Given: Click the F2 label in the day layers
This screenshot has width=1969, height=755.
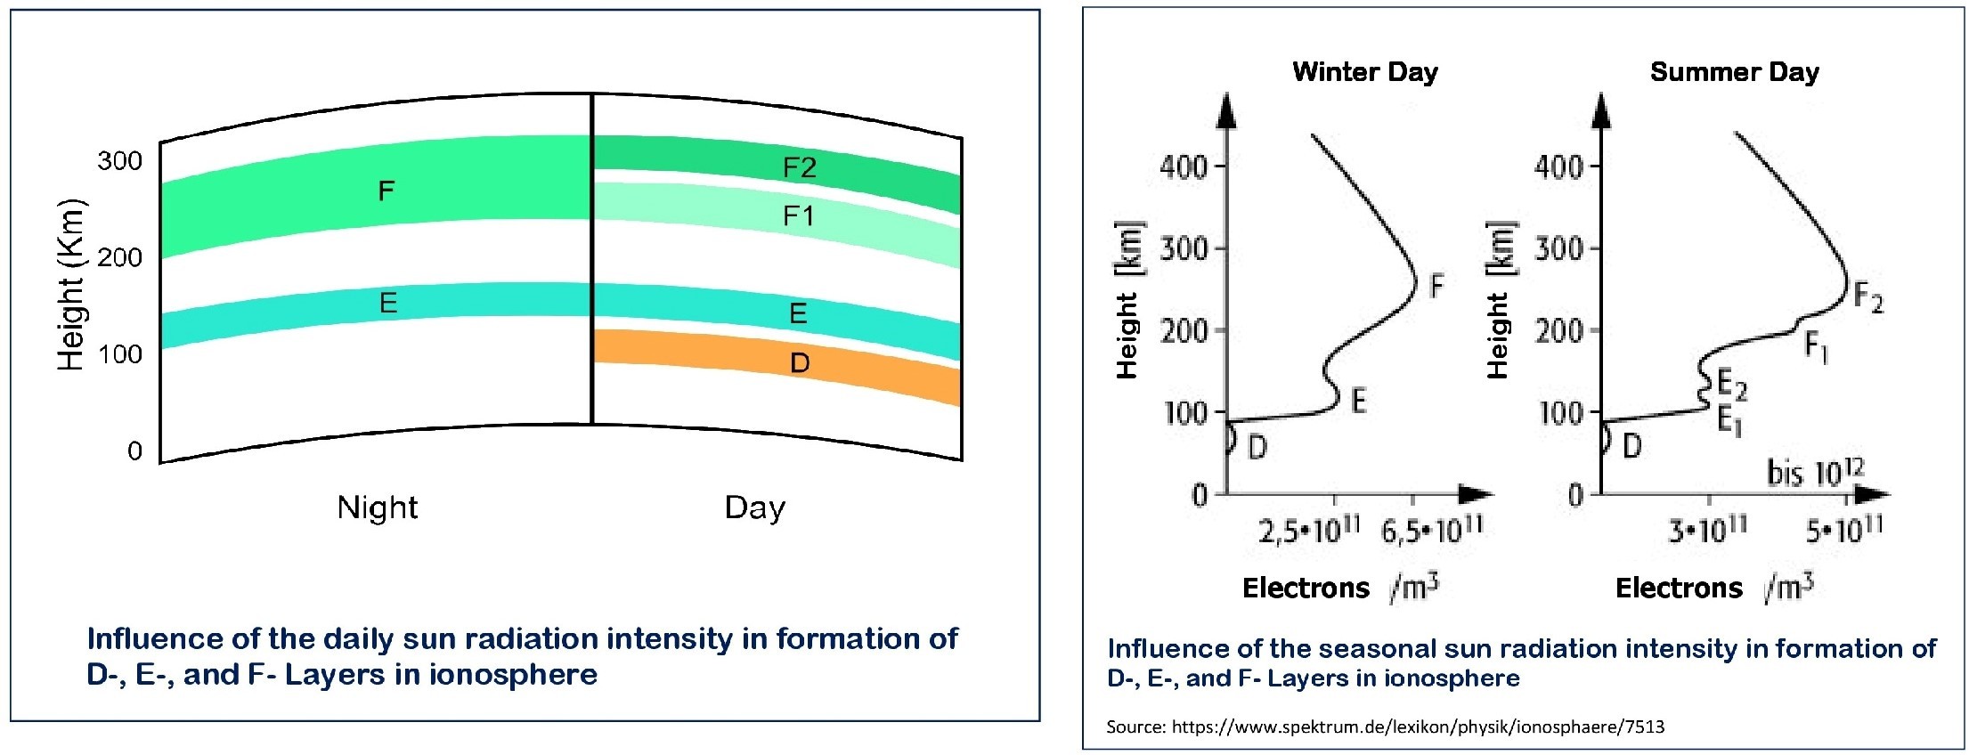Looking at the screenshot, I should click(799, 168).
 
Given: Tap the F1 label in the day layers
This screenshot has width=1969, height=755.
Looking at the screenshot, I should click(798, 216).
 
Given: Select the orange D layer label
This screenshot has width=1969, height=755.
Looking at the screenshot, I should click(800, 363).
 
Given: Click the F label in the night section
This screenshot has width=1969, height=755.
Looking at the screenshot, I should click(386, 191).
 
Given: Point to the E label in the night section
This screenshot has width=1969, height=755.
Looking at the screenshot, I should click(388, 304).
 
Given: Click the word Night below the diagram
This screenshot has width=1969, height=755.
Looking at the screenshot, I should click(378, 507).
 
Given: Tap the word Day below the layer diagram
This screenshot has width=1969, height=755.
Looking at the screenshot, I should click(755, 507).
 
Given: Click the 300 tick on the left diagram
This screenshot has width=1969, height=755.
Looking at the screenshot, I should click(119, 161).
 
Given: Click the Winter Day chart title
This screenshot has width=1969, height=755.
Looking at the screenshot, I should click(1365, 71).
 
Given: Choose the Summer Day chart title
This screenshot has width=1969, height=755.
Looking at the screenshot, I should click(1734, 71).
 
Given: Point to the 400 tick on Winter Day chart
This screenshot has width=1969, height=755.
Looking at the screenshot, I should click(1184, 166).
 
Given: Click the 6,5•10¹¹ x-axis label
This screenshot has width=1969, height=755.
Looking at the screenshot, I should click(1432, 531).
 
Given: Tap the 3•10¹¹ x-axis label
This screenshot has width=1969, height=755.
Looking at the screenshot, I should click(1708, 531).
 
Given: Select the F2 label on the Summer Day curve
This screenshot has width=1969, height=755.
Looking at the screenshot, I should click(1868, 297).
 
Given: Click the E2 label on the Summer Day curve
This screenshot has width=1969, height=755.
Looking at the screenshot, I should click(1732, 386).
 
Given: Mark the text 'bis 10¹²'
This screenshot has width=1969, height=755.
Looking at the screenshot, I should click(1815, 473).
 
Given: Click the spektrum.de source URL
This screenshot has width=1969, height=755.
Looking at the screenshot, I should click(1418, 727).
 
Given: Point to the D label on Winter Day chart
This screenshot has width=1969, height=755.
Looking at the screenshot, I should click(1257, 447).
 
